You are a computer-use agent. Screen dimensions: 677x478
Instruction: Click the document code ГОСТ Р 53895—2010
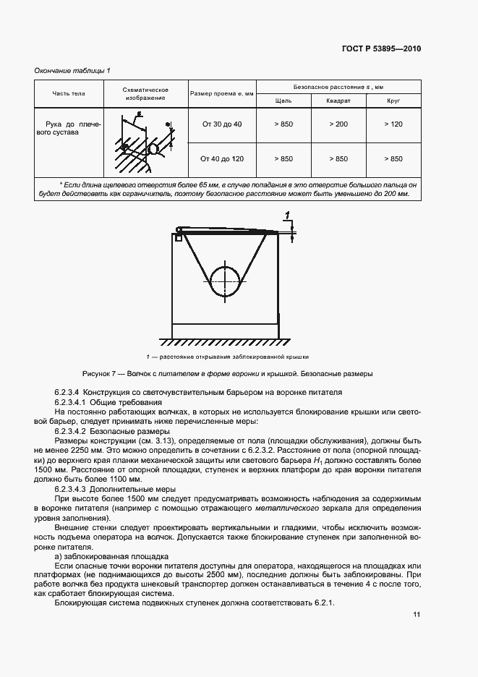point(381,48)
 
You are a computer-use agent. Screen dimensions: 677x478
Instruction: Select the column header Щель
point(283,101)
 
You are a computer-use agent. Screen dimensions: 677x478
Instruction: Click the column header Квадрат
point(338,101)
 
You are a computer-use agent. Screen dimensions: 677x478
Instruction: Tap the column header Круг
point(393,101)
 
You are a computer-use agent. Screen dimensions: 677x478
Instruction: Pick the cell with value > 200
point(338,124)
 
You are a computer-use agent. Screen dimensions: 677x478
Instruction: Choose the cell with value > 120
point(393,124)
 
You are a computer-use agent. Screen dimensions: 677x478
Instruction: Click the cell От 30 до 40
point(222,124)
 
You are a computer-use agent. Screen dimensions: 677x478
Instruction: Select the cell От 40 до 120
point(222,158)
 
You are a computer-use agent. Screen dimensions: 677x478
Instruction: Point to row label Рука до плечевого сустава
point(69,129)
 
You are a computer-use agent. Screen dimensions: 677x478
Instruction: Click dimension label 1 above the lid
point(289,216)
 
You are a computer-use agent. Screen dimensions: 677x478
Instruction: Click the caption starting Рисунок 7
point(228,374)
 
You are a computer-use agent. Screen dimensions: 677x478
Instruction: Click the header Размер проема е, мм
point(222,94)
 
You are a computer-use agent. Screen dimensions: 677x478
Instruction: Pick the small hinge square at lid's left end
point(178,237)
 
